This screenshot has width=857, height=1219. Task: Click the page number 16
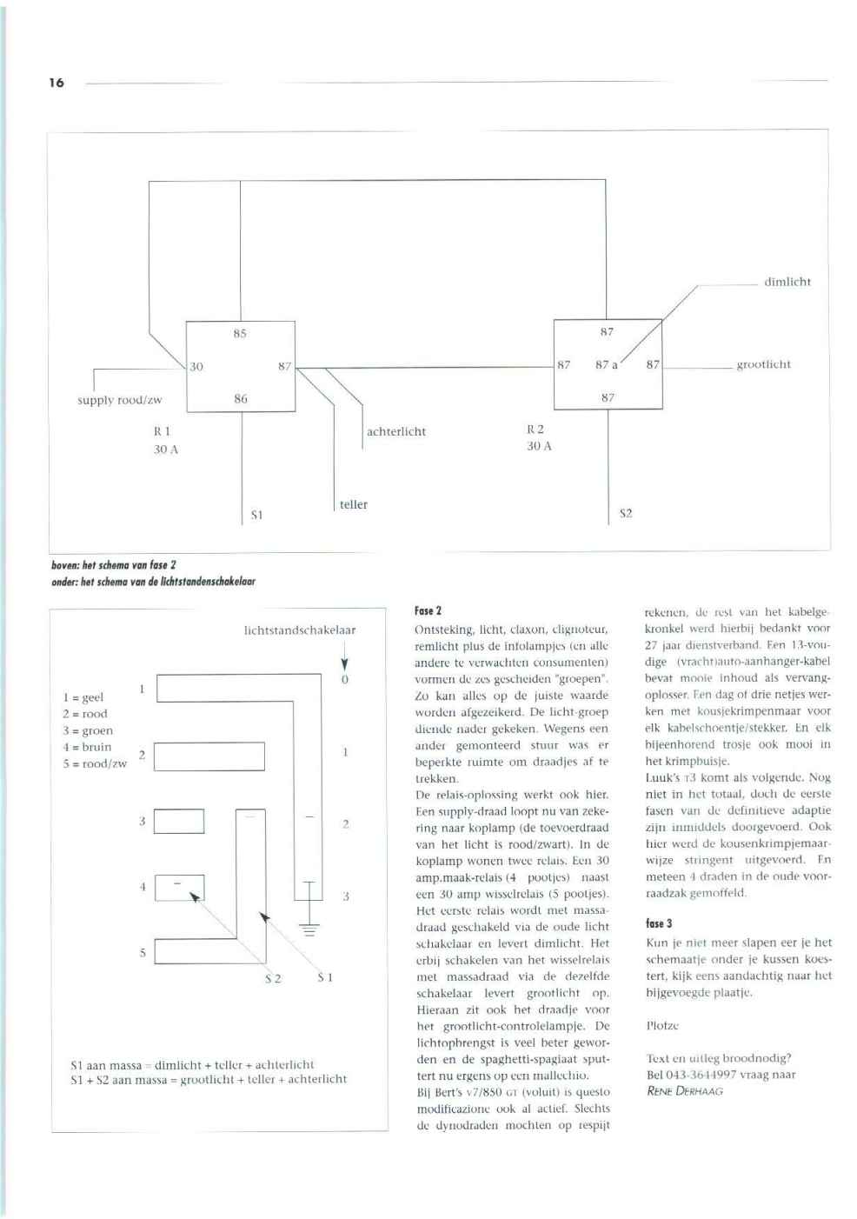point(56,83)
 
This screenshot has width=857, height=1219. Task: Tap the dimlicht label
point(787,282)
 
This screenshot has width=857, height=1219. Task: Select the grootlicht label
point(763,364)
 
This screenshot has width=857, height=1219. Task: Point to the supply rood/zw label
point(119,400)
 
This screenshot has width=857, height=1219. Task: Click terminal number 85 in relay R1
point(240,333)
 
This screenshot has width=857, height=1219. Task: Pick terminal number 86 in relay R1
point(241,398)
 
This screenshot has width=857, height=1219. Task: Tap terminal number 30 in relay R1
point(196,366)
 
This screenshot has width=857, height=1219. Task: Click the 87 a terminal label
point(606,364)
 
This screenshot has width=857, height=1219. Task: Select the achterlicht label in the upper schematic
point(396,431)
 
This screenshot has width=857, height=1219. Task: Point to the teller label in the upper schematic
point(354,504)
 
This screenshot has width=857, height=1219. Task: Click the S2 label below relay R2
point(626,513)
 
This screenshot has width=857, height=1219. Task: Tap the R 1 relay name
point(162,430)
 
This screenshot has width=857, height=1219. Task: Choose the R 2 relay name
point(535,429)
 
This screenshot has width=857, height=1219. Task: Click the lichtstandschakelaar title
point(300,629)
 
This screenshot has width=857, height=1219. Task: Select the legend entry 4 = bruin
point(87,747)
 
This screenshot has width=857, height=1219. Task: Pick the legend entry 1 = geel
point(83,697)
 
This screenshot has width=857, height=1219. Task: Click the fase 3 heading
point(659,923)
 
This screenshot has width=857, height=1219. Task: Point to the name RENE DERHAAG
point(685,1091)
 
